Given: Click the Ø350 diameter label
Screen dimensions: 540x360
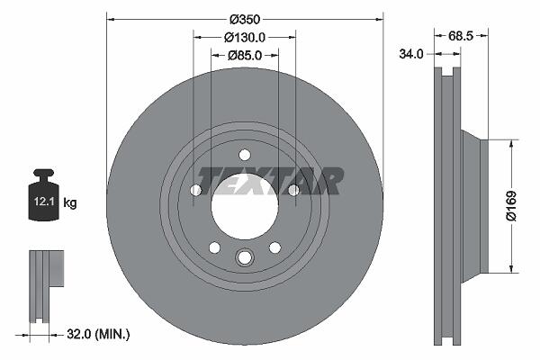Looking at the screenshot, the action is coord(245,19).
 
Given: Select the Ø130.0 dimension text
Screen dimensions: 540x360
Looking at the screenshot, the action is coord(245,37).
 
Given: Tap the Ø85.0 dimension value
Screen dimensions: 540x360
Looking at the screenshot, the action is coord(245,55).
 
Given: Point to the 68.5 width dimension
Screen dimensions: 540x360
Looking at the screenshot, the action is coord(461,36).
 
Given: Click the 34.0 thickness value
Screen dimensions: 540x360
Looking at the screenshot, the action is coord(411,54).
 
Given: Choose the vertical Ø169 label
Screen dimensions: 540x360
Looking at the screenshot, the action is coord(511,206).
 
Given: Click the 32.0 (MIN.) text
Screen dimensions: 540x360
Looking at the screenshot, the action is coord(98,334).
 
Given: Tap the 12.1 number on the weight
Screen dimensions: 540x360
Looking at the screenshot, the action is coord(44,202).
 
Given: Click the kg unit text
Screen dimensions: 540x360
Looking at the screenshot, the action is coord(70,202).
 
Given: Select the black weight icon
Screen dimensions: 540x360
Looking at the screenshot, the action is coord(43,194).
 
